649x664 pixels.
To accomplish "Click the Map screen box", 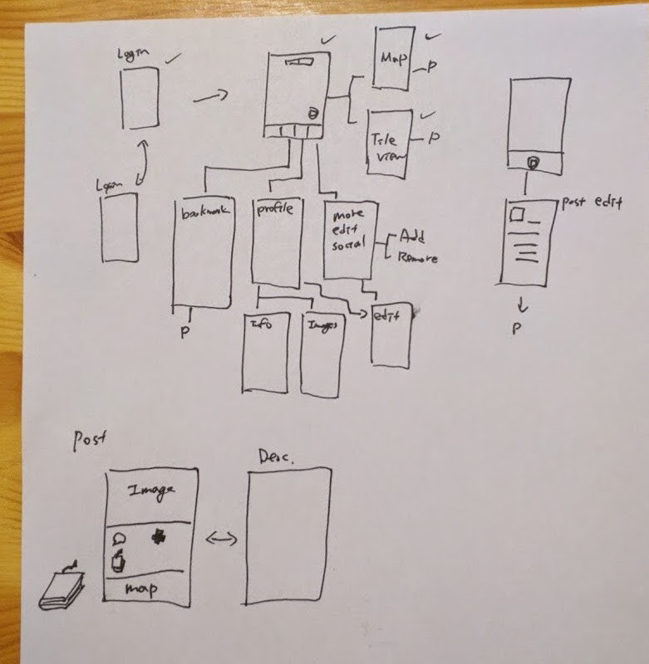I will (393, 56).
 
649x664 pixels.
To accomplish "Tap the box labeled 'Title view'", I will (389, 143).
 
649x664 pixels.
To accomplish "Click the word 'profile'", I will (274, 210).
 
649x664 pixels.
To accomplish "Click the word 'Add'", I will (413, 236).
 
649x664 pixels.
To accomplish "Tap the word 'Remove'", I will (417, 258).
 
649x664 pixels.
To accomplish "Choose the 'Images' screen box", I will (322, 355).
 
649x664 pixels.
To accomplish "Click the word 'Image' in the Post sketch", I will (151, 491).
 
